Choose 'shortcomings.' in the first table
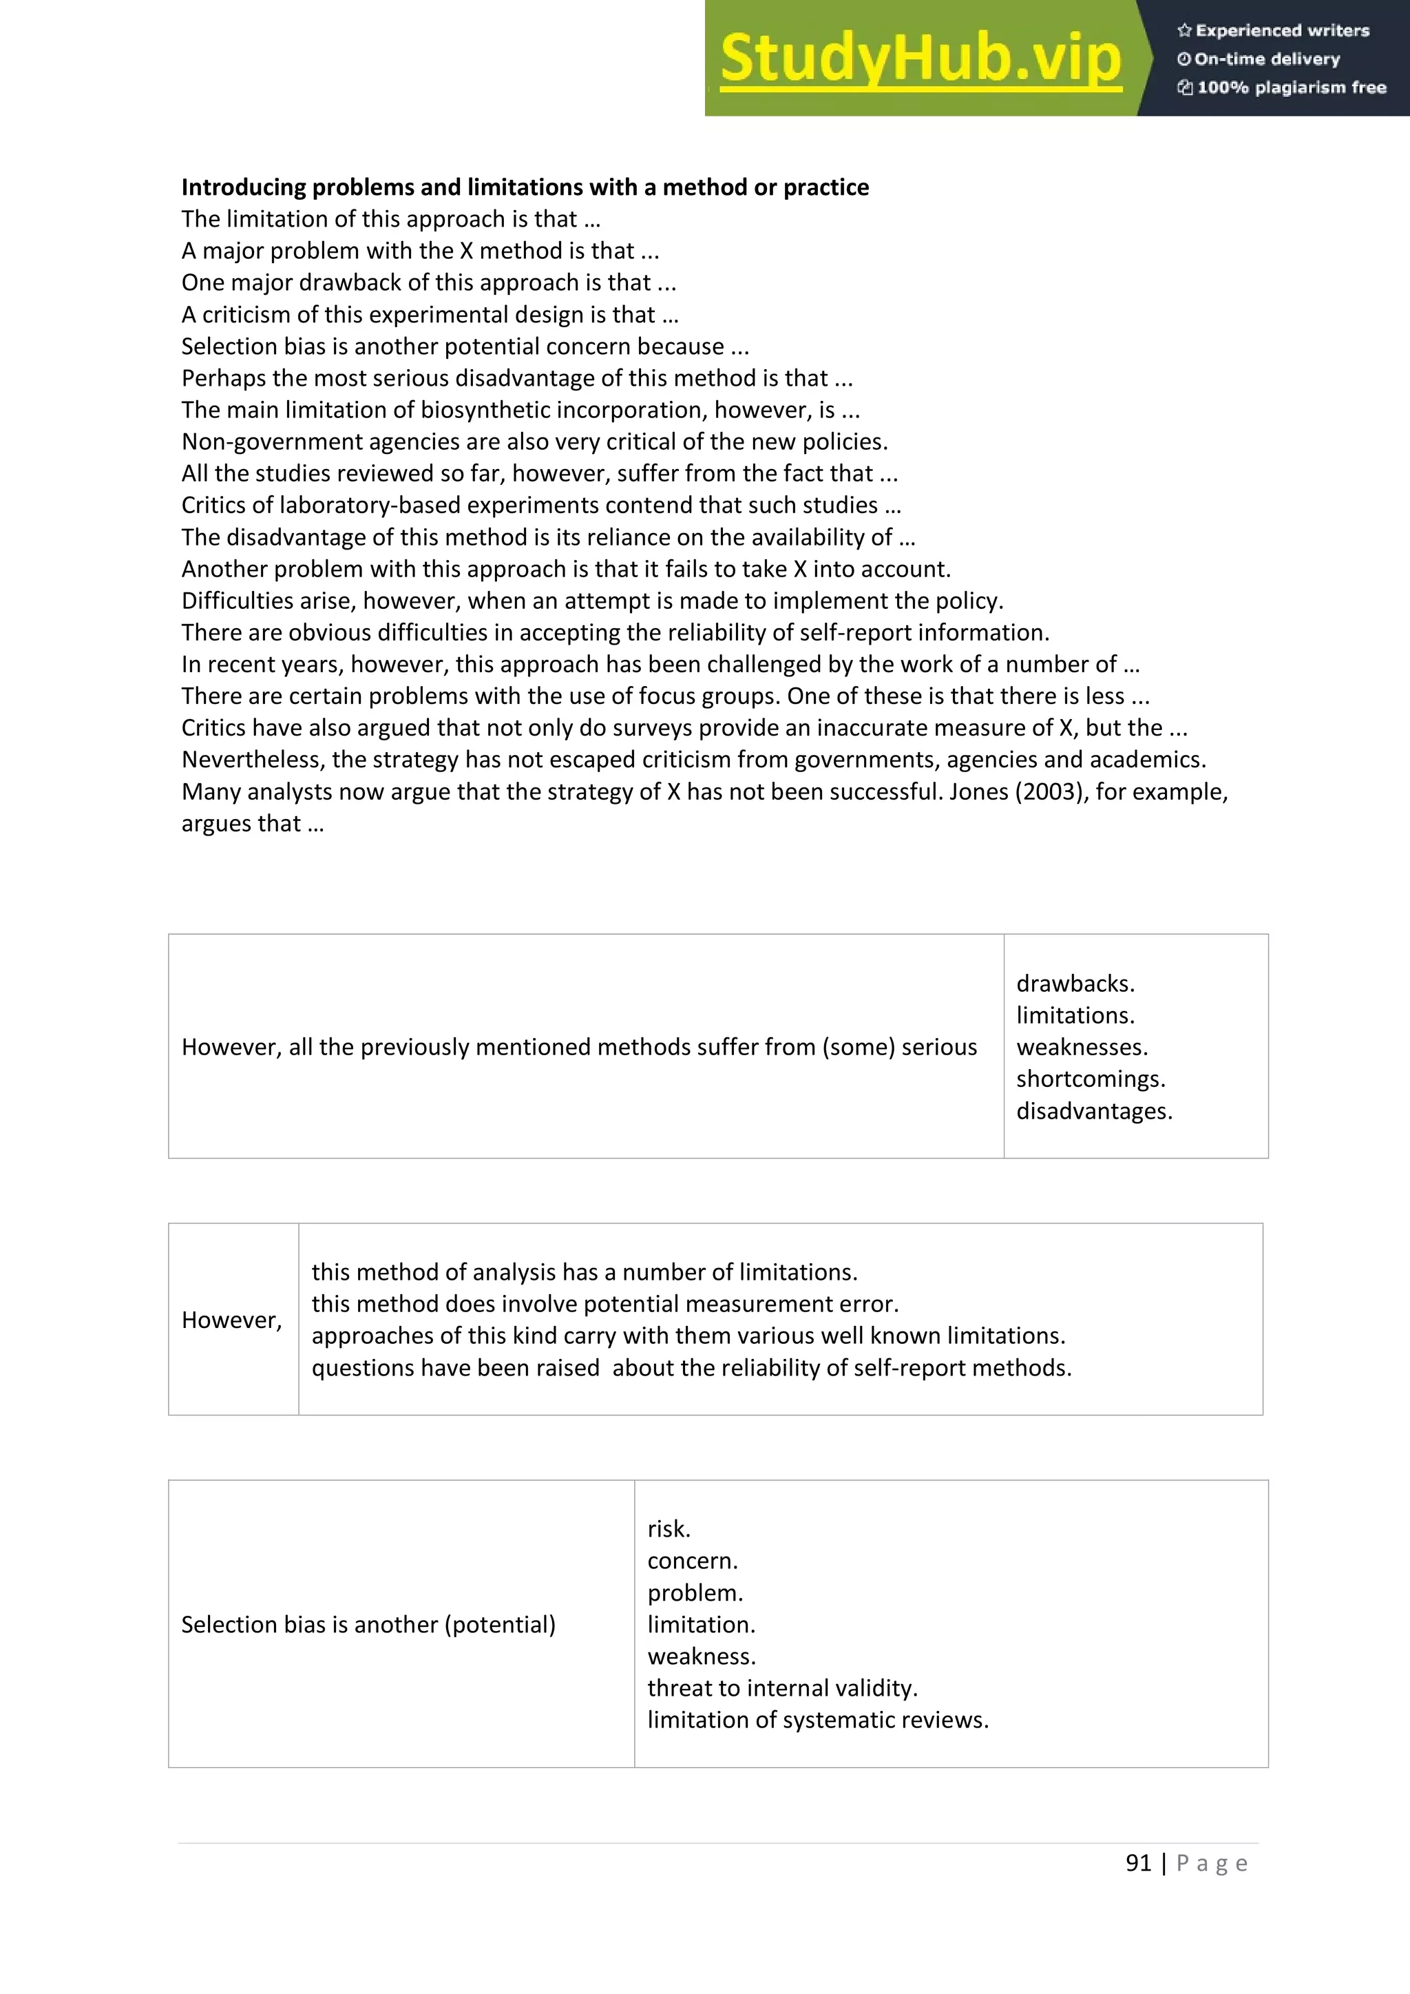(x=1091, y=1079)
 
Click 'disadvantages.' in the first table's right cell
(x=1094, y=1111)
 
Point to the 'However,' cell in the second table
(x=232, y=1320)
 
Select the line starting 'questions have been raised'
(x=691, y=1368)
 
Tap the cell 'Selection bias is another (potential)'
(x=368, y=1624)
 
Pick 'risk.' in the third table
(x=669, y=1528)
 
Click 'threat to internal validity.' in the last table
(x=781, y=1687)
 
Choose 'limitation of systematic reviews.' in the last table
(x=818, y=1720)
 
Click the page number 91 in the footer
(x=1137, y=1863)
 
